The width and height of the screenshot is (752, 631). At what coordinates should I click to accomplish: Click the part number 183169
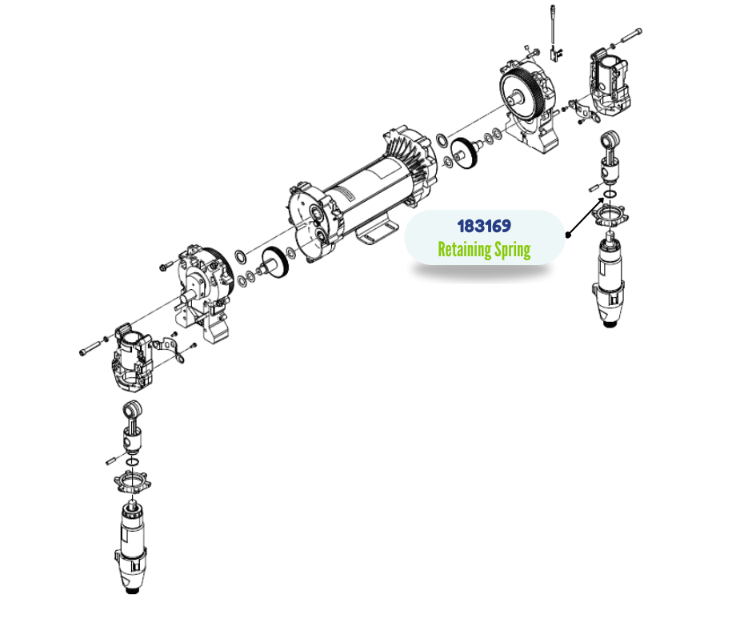click(x=484, y=226)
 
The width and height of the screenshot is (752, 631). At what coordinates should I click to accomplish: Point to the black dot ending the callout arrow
click(x=568, y=235)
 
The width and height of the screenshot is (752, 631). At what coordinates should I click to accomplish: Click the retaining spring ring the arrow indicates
click(x=610, y=194)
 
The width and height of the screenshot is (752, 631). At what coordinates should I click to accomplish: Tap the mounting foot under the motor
click(x=377, y=231)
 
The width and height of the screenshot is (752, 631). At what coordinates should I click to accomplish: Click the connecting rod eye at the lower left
click(x=132, y=410)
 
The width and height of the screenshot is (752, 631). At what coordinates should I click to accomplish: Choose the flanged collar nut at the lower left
click(x=132, y=481)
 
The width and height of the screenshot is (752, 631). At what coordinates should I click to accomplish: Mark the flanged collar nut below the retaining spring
click(x=610, y=214)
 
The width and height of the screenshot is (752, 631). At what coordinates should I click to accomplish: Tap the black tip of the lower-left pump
click(x=132, y=589)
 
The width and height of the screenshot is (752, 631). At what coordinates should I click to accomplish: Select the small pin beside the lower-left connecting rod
click(x=111, y=460)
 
